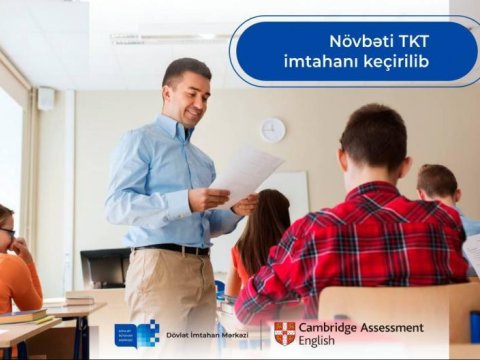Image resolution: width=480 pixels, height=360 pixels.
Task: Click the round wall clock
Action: click(272, 129)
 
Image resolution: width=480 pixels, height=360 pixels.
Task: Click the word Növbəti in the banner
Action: click(361, 41)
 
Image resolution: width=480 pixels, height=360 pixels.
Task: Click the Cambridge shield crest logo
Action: click(285, 333)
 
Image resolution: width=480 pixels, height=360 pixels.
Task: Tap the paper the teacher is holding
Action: click(247, 174)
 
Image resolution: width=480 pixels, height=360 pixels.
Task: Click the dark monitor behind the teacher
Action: click(104, 267)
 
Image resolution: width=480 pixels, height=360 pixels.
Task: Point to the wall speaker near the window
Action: click(46, 98)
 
